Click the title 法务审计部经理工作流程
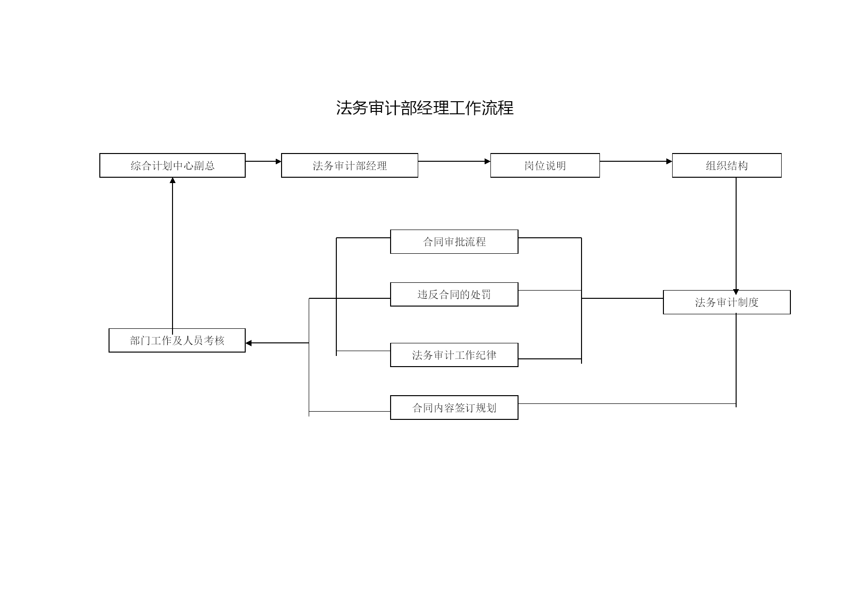click(425, 108)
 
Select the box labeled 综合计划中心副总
click(173, 166)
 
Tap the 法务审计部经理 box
click(349, 166)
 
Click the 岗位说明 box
click(545, 166)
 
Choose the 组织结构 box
click(727, 166)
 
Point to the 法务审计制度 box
click(727, 302)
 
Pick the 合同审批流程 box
click(454, 242)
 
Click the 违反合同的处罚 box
click(454, 294)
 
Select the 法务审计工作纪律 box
click(454, 355)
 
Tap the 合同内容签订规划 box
click(454, 408)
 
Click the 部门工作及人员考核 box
click(177, 340)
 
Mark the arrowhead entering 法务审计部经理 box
click(279, 161)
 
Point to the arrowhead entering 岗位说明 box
click(488, 161)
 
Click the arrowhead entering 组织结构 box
click(670, 161)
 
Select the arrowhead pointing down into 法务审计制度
click(736, 293)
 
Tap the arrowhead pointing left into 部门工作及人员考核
click(249, 343)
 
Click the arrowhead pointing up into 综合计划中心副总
click(173, 181)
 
